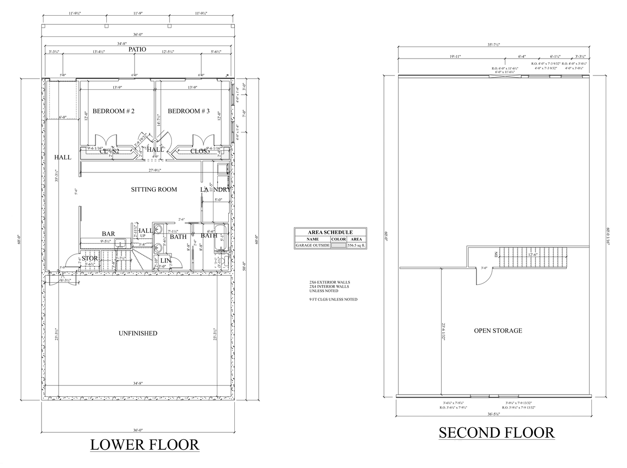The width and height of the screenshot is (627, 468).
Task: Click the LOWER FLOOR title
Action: tap(144, 445)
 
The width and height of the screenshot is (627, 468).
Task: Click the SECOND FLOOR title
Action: tap(496, 432)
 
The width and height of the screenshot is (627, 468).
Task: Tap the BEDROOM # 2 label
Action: tap(113, 111)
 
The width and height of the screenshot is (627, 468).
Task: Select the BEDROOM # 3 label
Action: tap(188, 111)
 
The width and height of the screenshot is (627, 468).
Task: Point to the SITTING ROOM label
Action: tap(154, 189)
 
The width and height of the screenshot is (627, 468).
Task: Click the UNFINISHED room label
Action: tap(138, 333)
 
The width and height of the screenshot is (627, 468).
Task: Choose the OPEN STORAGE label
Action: tap(498, 330)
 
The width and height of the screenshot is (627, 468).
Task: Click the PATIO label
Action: tap(137, 49)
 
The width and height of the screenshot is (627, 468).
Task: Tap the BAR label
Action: tap(108, 234)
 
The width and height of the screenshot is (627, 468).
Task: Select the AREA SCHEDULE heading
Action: tap(330, 232)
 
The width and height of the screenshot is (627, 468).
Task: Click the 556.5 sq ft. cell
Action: tap(357, 245)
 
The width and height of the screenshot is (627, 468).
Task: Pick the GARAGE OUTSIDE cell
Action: tap(312, 245)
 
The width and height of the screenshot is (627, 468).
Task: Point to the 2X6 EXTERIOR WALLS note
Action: tap(329, 282)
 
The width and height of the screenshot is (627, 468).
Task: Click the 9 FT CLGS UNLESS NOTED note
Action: tap(333, 300)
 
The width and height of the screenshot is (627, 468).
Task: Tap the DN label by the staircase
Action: tap(496, 254)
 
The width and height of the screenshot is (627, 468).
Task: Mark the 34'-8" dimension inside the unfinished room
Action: tap(138, 383)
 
